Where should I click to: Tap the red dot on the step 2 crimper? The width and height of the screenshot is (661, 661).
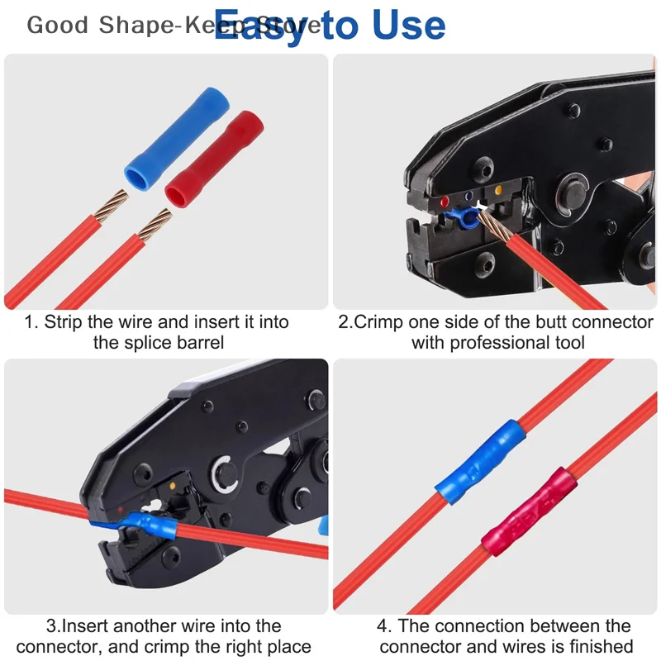pyautogui.click(x=445, y=201)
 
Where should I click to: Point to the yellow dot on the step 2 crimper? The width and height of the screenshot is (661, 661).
pyautogui.click(x=499, y=192)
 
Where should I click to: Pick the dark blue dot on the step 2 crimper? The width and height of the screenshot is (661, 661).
pyautogui.click(x=470, y=197)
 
